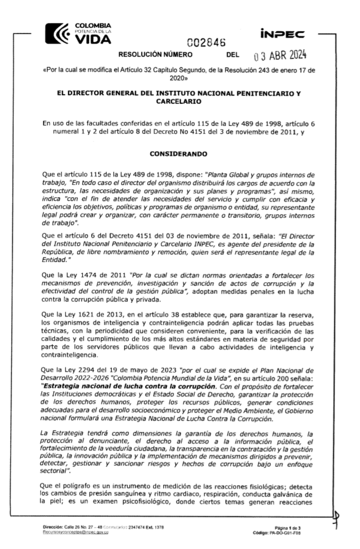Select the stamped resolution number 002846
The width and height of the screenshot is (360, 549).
tap(206, 43)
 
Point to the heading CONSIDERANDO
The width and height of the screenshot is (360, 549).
tap(178, 154)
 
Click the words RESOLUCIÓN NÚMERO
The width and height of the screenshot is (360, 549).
tap(155, 55)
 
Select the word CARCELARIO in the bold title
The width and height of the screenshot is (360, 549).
tap(179, 102)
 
